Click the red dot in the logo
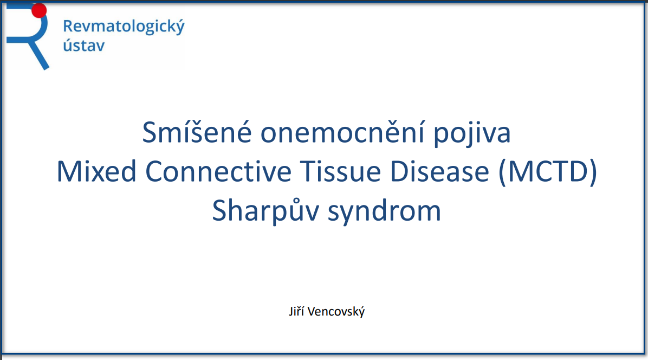coord(39,10)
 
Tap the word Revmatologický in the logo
coord(124,27)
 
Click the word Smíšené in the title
coord(197,132)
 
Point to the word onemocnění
coord(342,132)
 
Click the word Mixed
coord(96,171)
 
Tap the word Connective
coord(218,171)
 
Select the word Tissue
coord(341,171)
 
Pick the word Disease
coord(440,171)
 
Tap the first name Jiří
coord(296,311)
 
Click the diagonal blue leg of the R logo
coord(38,54)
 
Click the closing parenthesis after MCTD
coord(593,172)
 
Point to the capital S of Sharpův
coord(220,210)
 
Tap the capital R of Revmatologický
coord(68,27)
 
